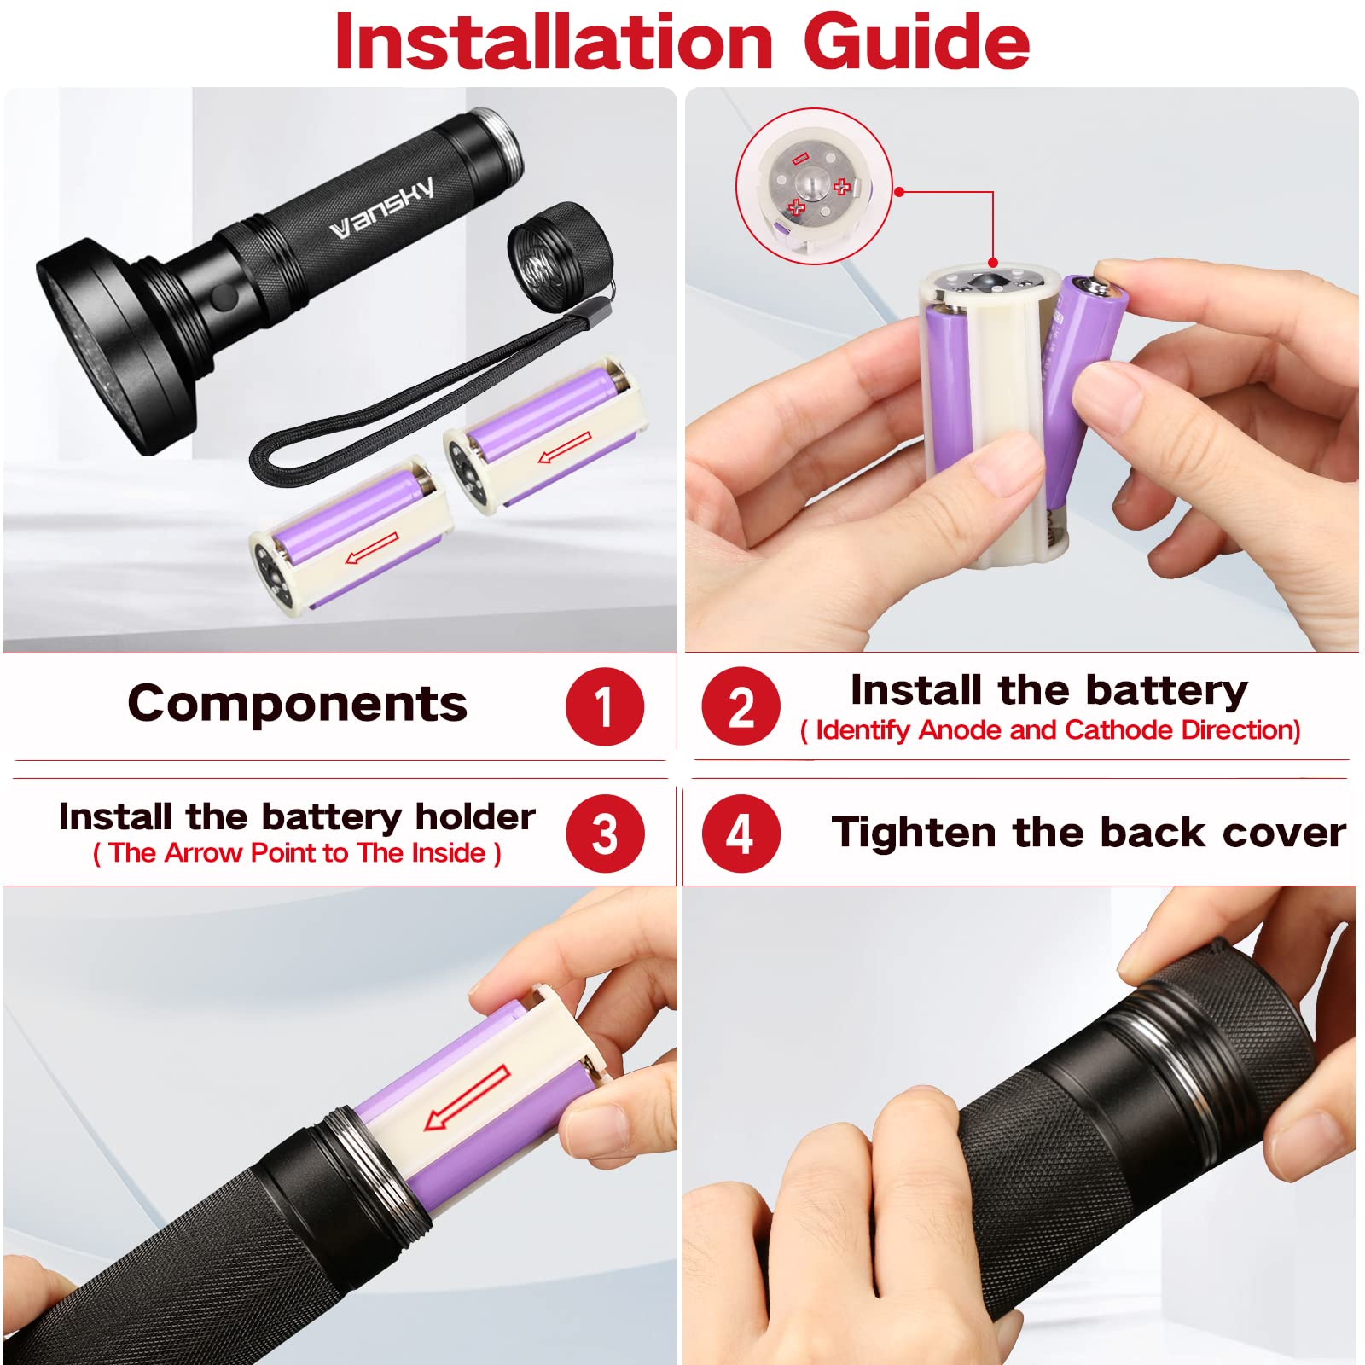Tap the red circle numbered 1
[604, 706]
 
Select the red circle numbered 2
[741, 706]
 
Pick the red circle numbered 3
[604, 834]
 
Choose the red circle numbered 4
[741, 834]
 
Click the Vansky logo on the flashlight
[381, 207]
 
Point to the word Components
[297, 704]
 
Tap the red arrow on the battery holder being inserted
[467, 1099]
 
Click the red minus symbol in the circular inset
[799, 158]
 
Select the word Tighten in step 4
[914, 834]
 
